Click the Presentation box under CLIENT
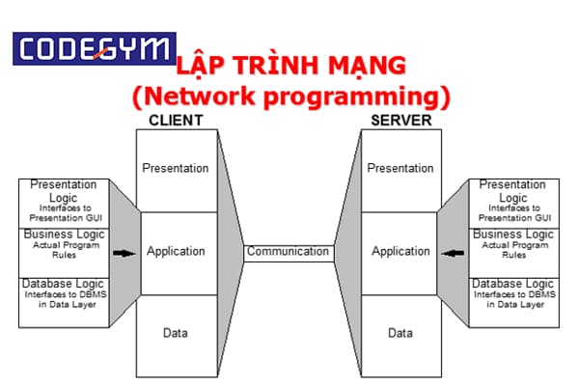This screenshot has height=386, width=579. point(175,169)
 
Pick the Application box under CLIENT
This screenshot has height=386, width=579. point(175,252)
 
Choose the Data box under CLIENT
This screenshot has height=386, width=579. point(175,334)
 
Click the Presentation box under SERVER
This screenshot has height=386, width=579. point(400,169)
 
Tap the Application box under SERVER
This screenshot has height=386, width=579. point(400,252)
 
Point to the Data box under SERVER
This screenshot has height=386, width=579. point(400,334)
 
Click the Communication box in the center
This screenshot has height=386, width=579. point(288,252)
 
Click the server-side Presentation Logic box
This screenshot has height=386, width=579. point(511,201)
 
